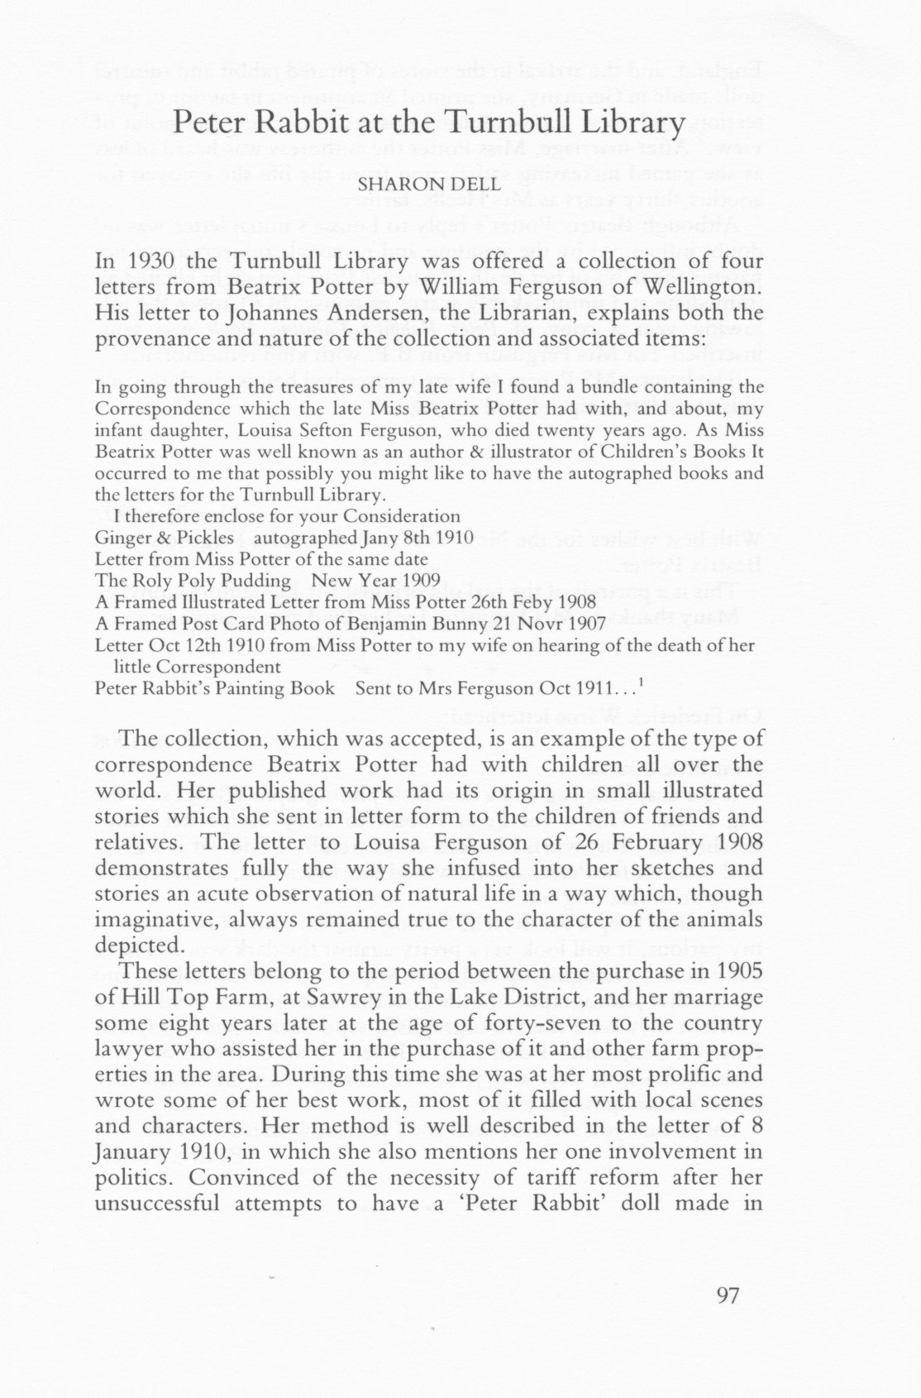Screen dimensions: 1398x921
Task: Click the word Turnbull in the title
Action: pyautogui.click(x=511, y=123)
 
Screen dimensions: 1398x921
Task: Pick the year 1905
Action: pyautogui.click(x=737, y=970)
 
